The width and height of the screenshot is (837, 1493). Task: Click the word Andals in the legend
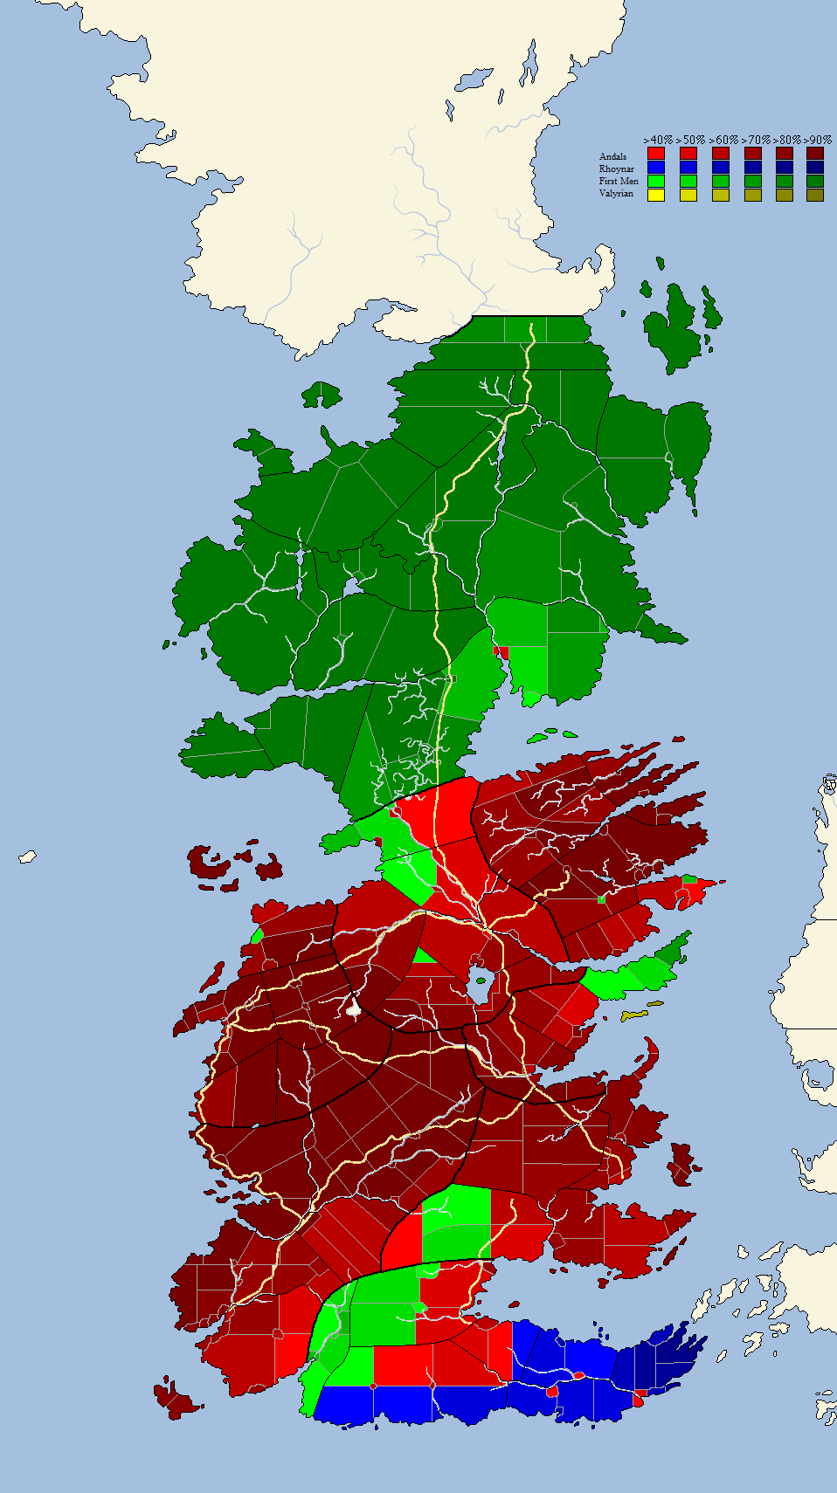612,157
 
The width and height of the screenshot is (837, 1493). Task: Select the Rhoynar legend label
616,169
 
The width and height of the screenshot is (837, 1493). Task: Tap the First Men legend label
619,182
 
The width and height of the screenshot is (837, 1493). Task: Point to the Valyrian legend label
616,194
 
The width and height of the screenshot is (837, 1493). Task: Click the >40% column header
657,140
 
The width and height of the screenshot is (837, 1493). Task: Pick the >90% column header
816,140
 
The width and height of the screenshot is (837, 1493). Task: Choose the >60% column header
722,140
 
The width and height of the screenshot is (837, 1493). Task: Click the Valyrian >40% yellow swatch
656,195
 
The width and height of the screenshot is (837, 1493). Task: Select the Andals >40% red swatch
656,155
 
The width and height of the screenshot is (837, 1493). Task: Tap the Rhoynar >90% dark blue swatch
815,168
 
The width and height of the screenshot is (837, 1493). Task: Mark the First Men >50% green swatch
688,181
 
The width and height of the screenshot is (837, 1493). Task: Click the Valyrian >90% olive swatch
815,195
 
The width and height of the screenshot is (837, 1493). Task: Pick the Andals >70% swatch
752,155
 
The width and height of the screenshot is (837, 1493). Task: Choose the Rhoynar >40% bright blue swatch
656,168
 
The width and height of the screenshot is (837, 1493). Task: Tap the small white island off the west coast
28,857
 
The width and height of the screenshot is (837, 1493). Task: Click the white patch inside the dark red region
353,1007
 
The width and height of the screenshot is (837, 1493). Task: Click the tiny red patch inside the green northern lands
502,651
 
